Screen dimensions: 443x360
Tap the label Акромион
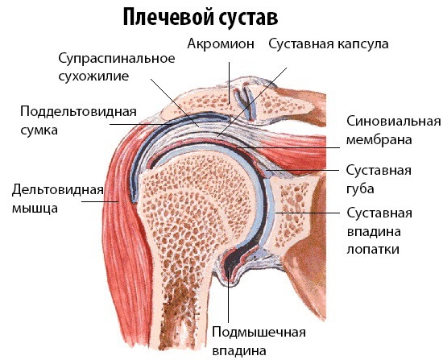click(x=221, y=44)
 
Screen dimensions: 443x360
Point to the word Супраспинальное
click(x=117, y=59)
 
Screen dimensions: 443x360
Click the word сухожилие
click(x=93, y=77)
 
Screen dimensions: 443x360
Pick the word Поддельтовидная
click(x=78, y=112)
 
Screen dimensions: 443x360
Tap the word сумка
click(x=39, y=130)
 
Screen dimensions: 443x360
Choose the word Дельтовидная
click(x=58, y=190)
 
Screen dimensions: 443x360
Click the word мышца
click(x=35, y=209)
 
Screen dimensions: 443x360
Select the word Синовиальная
click(x=394, y=122)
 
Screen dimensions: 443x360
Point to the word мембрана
click(x=379, y=140)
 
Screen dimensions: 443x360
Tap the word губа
click(x=360, y=189)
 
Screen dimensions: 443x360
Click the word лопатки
click(x=373, y=250)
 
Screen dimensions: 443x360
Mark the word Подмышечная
click(x=259, y=333)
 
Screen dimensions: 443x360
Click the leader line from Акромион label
click(x=229, y=83)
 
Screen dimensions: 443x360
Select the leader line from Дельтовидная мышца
click(x=100, y=201)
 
